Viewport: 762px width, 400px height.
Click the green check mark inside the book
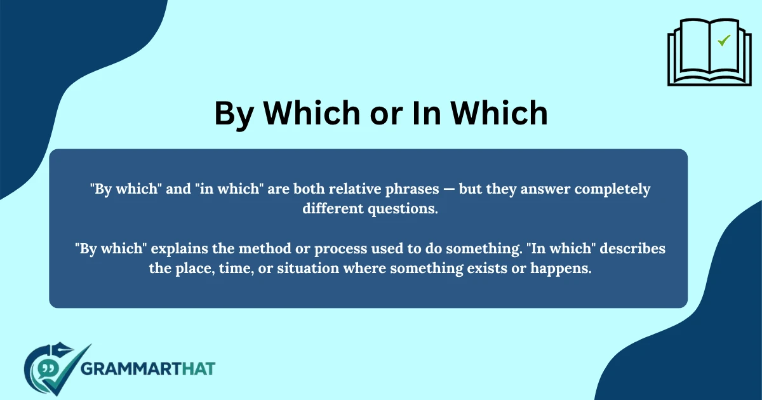point(723,41)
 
